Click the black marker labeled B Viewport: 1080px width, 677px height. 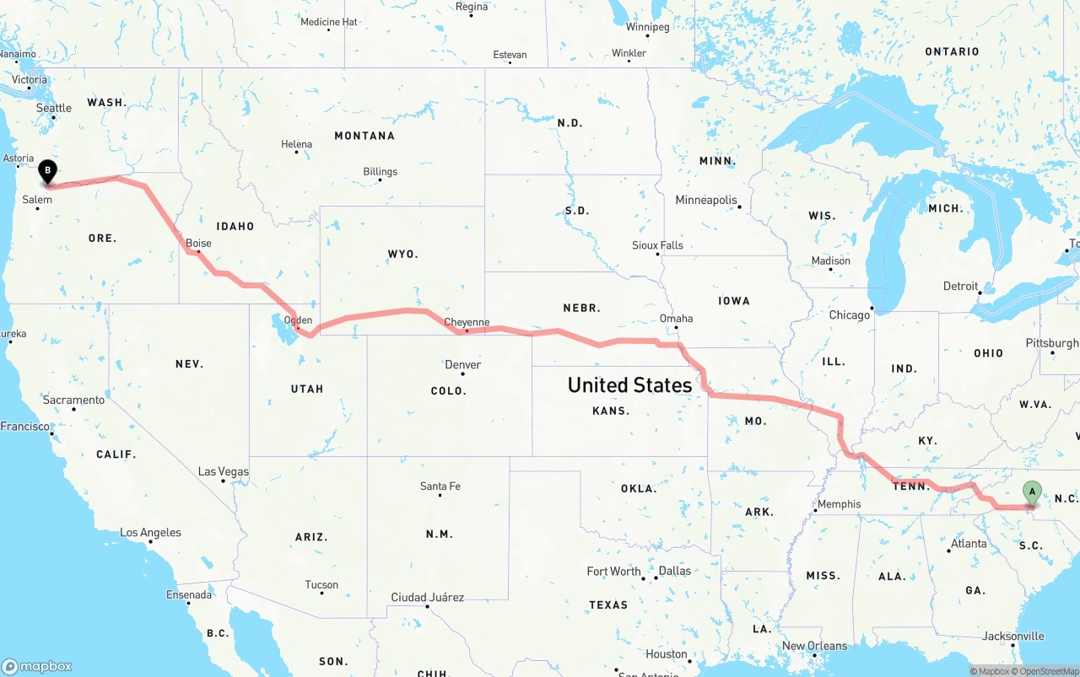pos(48,171)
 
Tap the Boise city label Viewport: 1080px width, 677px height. pos(198,243)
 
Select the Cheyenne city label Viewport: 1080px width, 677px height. pos(467,322)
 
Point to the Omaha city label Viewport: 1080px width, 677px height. pos(676,318)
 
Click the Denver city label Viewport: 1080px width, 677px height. pos(462,365)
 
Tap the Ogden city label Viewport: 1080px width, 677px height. pos(298,320)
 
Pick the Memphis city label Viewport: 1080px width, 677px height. pos(839,504)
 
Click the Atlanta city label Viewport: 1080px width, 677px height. pos(969,544)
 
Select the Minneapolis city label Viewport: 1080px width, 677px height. pos(706,200)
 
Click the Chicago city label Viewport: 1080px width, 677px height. pos(849,314)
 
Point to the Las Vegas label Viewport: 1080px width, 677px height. pos(223,471)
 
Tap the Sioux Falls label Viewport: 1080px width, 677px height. pos(657,245)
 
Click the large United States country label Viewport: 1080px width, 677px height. pos(629,385)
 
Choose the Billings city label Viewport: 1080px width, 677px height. pos(380,171)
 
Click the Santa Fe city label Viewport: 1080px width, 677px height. pos(440,486)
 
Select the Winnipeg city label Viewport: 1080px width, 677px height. pos(647,27)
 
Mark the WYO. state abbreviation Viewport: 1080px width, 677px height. pos(402,254)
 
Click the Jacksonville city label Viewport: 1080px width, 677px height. pos(1012,637)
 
